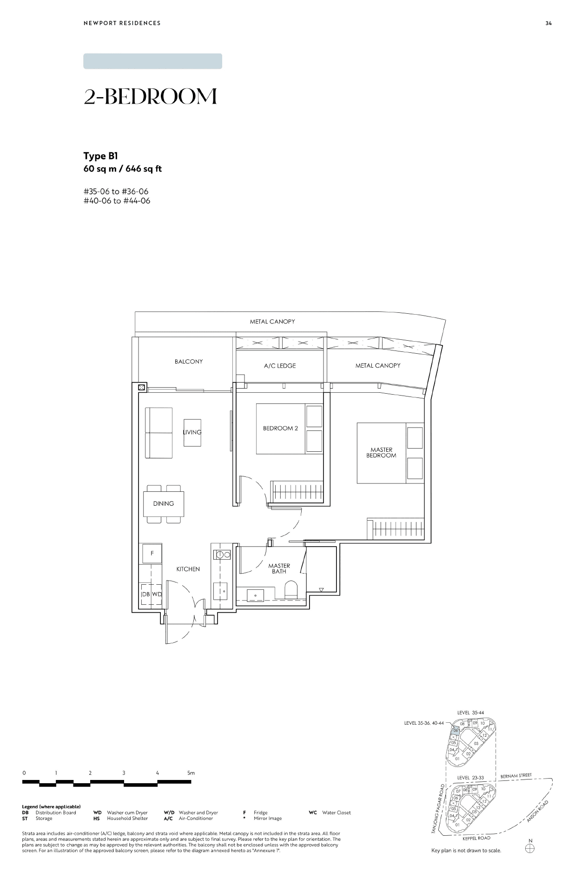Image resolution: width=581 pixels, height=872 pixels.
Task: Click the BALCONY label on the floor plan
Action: (x=189, y=362)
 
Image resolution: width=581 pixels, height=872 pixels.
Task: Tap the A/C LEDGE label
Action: (x=280, y=366)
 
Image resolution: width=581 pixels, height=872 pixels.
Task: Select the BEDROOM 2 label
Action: (x=280, y=428)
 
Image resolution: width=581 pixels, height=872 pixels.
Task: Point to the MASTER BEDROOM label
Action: (x=381, y=453)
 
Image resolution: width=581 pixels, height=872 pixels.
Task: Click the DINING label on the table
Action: (x=164, y=503)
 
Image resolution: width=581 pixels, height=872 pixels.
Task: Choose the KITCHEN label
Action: (x=188, y=569)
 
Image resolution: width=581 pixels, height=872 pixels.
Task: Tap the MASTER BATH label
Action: (x=279, y=568)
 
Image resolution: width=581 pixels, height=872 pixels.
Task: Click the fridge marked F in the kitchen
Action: (x=152, y=554)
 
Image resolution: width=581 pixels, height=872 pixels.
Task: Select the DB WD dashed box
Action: (x=152, y=595)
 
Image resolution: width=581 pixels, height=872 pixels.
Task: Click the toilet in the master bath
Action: (x=291, y=590)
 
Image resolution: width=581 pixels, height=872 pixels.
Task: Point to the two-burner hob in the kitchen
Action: (x=222, y=554)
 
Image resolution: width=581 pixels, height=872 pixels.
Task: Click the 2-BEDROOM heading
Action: (x=151, y=96)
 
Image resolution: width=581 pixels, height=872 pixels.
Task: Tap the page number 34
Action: (x=548, y=23)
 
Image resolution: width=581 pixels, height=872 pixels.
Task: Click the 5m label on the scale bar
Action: (x=191, y=773)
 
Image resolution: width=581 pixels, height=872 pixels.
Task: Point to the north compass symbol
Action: (x=530, y=848)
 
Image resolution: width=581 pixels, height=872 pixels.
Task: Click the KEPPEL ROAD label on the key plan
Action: (x=477, y=838)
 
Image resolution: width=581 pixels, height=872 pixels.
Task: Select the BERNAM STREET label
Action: (x=516, y=776)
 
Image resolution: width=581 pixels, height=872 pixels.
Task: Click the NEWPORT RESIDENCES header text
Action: (x=122, y=23)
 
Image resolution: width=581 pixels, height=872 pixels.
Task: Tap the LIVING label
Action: (x=192, y=432)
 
